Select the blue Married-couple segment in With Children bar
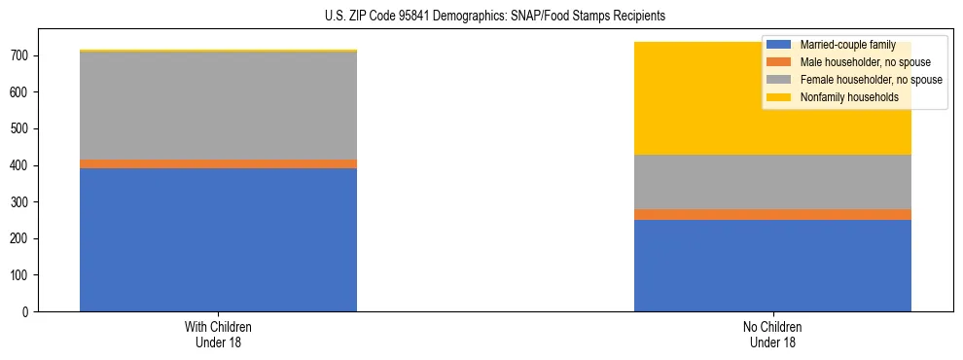218,239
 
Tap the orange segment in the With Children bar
218,163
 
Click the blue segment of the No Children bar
772,266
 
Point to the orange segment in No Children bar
772,214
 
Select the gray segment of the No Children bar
772,182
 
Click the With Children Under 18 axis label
218,334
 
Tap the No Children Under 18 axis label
772,334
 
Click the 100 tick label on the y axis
21,275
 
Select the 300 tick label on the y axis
21,202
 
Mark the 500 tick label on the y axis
21,129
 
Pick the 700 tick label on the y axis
21,56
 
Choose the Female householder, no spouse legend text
871,80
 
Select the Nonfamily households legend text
849,97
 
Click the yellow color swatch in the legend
779,97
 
